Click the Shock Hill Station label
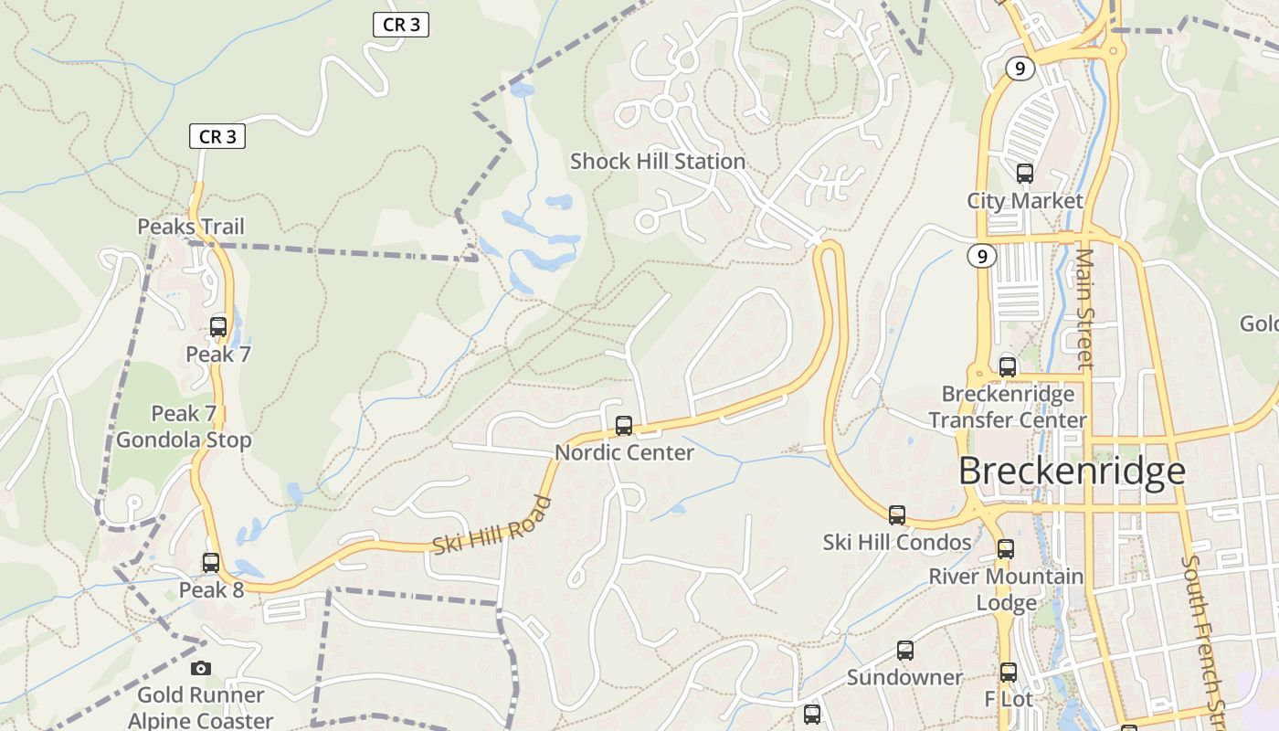coord(658,162)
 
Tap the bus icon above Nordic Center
coord(624,425)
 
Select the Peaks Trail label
coord(191,227)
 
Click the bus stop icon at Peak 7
coord(218,326)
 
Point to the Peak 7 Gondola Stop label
coord(184,427)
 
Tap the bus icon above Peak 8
coord(211,562)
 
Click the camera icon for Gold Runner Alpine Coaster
coord(201,668)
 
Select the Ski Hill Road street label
coord(492,525)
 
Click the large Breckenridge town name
coord(1072,471)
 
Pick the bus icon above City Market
coord(1025,173)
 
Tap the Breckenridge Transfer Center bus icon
coord(1008,366)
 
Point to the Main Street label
coord(1084,308)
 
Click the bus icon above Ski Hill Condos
coord(897,514)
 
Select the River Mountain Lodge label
coord(1006,589)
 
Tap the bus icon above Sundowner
coord(904,651)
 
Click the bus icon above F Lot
coord(1009,673)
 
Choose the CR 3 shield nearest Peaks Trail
coord(217,137)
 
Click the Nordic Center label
coord(624,452)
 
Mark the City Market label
coord(1025,201)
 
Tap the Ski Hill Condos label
coord(897,542)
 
